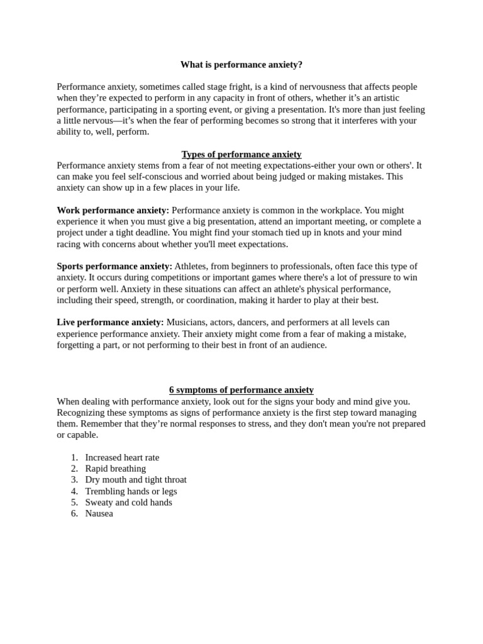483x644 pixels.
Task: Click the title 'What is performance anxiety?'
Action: (x=241, y=64)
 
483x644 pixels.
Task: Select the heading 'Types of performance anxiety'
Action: (x=241, y=154)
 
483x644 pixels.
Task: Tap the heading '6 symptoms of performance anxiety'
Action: (x=241, y=390)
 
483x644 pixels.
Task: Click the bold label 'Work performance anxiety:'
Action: (x=113, y=210)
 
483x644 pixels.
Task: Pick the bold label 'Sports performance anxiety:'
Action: (x=114, y=267)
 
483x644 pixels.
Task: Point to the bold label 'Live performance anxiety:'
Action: (x=110, y=323)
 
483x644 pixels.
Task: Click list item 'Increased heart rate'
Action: (x=122, y=457)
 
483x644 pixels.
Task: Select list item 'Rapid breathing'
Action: (x=115, y=469)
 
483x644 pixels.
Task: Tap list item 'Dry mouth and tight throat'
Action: (x=136, y=480)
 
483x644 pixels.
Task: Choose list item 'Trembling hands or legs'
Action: (x=131, y=491)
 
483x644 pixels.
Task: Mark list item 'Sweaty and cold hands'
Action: (x=128, y=502)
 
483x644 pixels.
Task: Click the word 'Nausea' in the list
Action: (x=99, y=514)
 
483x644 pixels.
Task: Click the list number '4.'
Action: (x=74, y=491)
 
